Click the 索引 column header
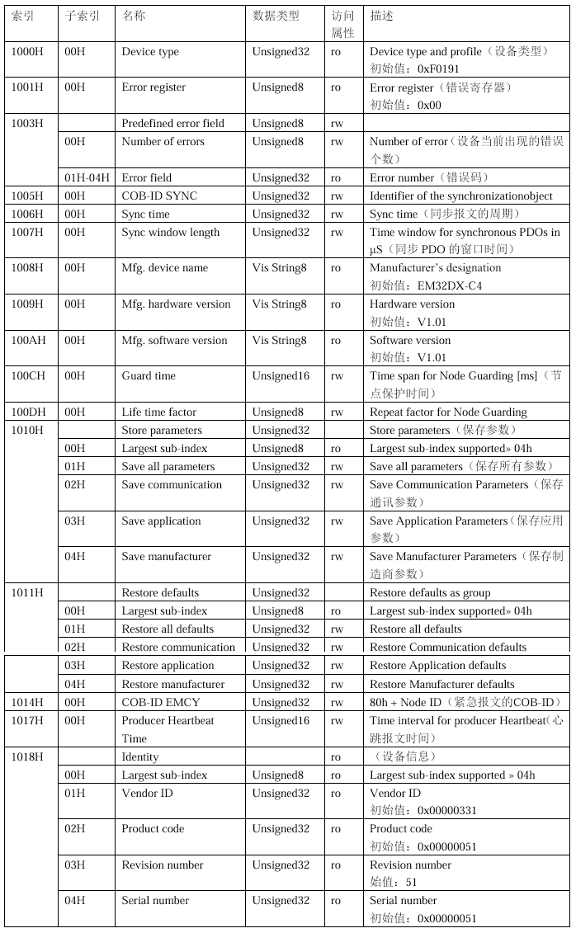[x=23, y=16]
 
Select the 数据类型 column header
[x=276, y=16]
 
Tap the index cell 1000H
[x=28, y=52]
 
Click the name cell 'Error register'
[x=153, y=87]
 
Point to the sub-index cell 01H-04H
[x=87, y=177]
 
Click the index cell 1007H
[x=28, y=232]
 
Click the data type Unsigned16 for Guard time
[x=281, y=376]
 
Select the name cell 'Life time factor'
[x=159, y=412]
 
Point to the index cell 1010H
[x=28, y=430]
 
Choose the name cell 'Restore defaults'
[x=160, y=592]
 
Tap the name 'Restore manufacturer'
[x=172, y=684]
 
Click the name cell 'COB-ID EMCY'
[x=160, y=702]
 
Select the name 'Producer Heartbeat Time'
[x=168, y=729]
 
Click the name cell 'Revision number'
[x=163, y=865]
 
